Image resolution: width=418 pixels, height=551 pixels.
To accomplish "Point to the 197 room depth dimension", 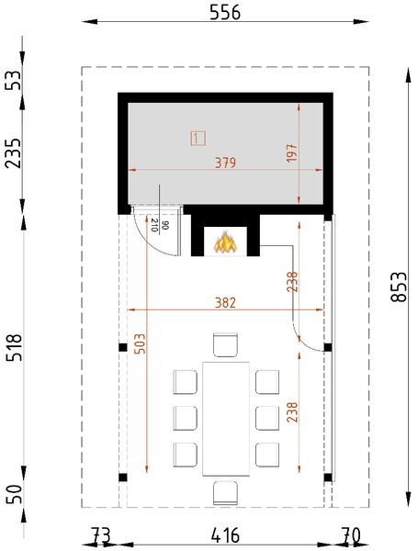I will (x=292, y=153).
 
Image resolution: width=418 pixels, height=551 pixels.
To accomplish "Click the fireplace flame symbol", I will (x=225, y=242).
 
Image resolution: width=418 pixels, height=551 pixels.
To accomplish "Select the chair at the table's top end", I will (x=225, y=344).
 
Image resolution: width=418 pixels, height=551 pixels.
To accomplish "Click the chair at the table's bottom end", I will (x=225, y=493).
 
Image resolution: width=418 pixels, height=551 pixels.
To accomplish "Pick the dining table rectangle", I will (x=225, y=416).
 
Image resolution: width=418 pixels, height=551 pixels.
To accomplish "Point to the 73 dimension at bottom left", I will (x=101, y=534).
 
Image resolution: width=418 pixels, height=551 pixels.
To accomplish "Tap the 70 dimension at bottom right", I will (x=349, y=534).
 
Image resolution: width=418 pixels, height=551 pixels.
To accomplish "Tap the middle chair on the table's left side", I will (x=186, y=418).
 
